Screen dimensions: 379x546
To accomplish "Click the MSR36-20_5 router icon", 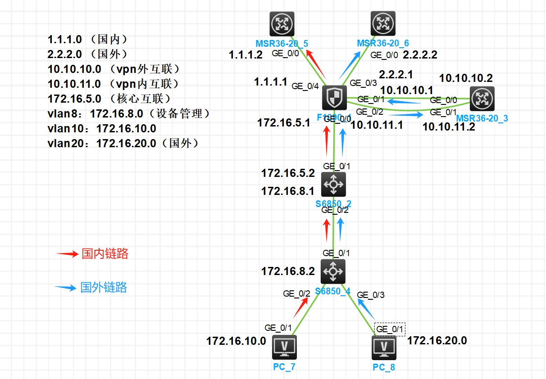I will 282,24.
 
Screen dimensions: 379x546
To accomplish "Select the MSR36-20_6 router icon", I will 383,24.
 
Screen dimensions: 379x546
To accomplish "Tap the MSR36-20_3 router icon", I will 482,99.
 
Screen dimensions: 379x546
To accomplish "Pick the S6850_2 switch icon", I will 333,184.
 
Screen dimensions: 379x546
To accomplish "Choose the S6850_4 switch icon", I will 333,271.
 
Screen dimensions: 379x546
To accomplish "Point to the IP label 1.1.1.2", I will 246,55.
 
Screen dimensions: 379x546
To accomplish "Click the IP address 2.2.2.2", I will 420,55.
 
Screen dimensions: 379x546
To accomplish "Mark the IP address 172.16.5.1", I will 284,122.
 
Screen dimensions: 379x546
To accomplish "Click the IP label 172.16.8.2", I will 288,271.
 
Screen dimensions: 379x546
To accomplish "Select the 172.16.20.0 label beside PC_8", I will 437,341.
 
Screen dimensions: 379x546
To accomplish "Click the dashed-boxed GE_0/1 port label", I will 390,329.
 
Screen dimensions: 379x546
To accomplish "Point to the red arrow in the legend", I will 67,254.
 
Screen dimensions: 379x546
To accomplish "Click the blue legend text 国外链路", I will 104,287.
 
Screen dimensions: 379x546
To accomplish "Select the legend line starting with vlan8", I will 129,114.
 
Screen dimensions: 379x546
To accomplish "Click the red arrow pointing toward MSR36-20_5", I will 317,63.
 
